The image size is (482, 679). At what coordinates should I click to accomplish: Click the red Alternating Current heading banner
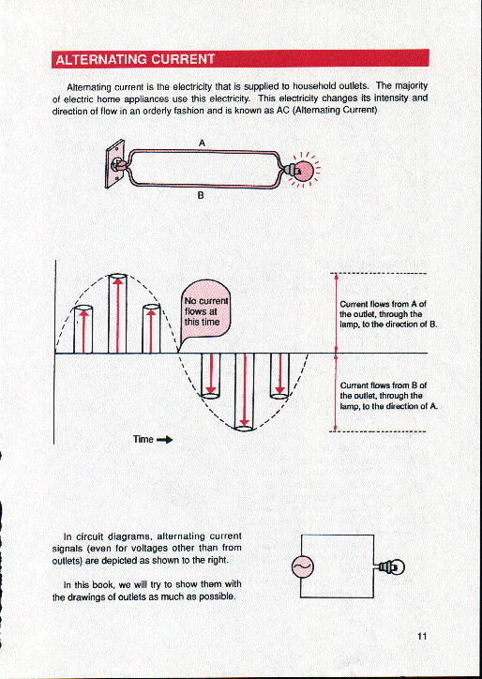(x=240, y=59)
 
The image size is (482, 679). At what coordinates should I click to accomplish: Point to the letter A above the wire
(x=203, y=142)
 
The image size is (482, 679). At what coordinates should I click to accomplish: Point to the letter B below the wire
(x=200, y=198)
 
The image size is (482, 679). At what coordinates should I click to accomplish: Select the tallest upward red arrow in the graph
(x=117, y=314)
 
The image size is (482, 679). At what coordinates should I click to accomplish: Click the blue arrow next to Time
(x=164, y=438)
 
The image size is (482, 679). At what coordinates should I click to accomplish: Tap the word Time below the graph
(x=143, y=438)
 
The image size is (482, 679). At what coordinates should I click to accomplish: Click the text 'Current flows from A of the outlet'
(x=383, y=313)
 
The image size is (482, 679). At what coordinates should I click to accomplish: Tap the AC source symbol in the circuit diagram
(x=303, y=566)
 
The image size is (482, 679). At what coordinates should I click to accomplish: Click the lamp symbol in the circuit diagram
(x=390, y=566)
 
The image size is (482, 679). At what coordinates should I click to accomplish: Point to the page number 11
(x=423, y=637)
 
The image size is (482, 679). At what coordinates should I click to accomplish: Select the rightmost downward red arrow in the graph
(x=279, y=373)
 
